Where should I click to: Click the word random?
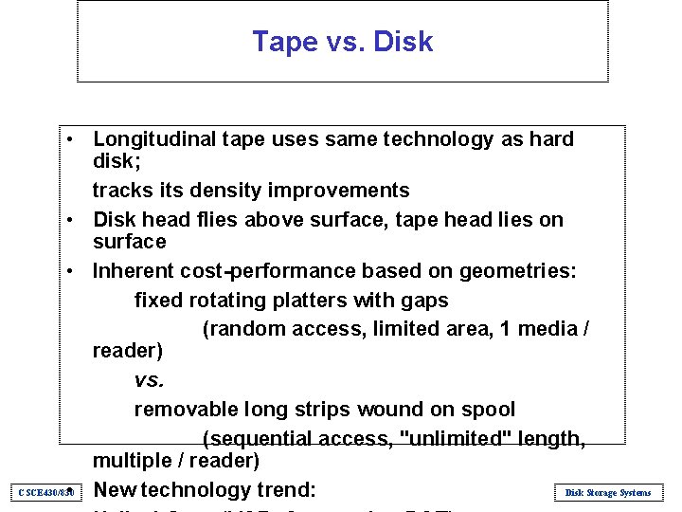[x=242, y=329]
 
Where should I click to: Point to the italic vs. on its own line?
[x=149, y=380]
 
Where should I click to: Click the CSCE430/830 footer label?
[x=46, y=493]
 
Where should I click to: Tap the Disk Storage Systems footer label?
[x=607, y=493]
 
